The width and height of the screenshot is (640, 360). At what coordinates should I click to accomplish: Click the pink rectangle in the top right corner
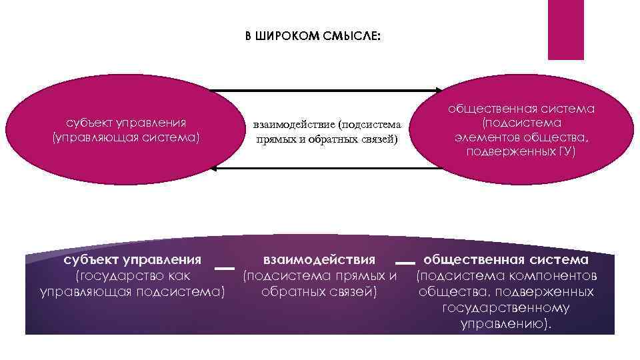[565, 29]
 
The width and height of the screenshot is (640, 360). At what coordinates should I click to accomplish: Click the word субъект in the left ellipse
[89, 123]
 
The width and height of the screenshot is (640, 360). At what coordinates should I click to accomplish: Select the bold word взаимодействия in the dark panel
[319, 259]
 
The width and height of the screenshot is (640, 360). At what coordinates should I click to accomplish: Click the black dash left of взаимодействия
[225, 268]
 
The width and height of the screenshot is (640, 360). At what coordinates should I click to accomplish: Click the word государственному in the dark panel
[505, 308]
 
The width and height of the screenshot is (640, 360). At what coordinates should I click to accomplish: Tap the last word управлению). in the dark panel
[506, 324]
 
